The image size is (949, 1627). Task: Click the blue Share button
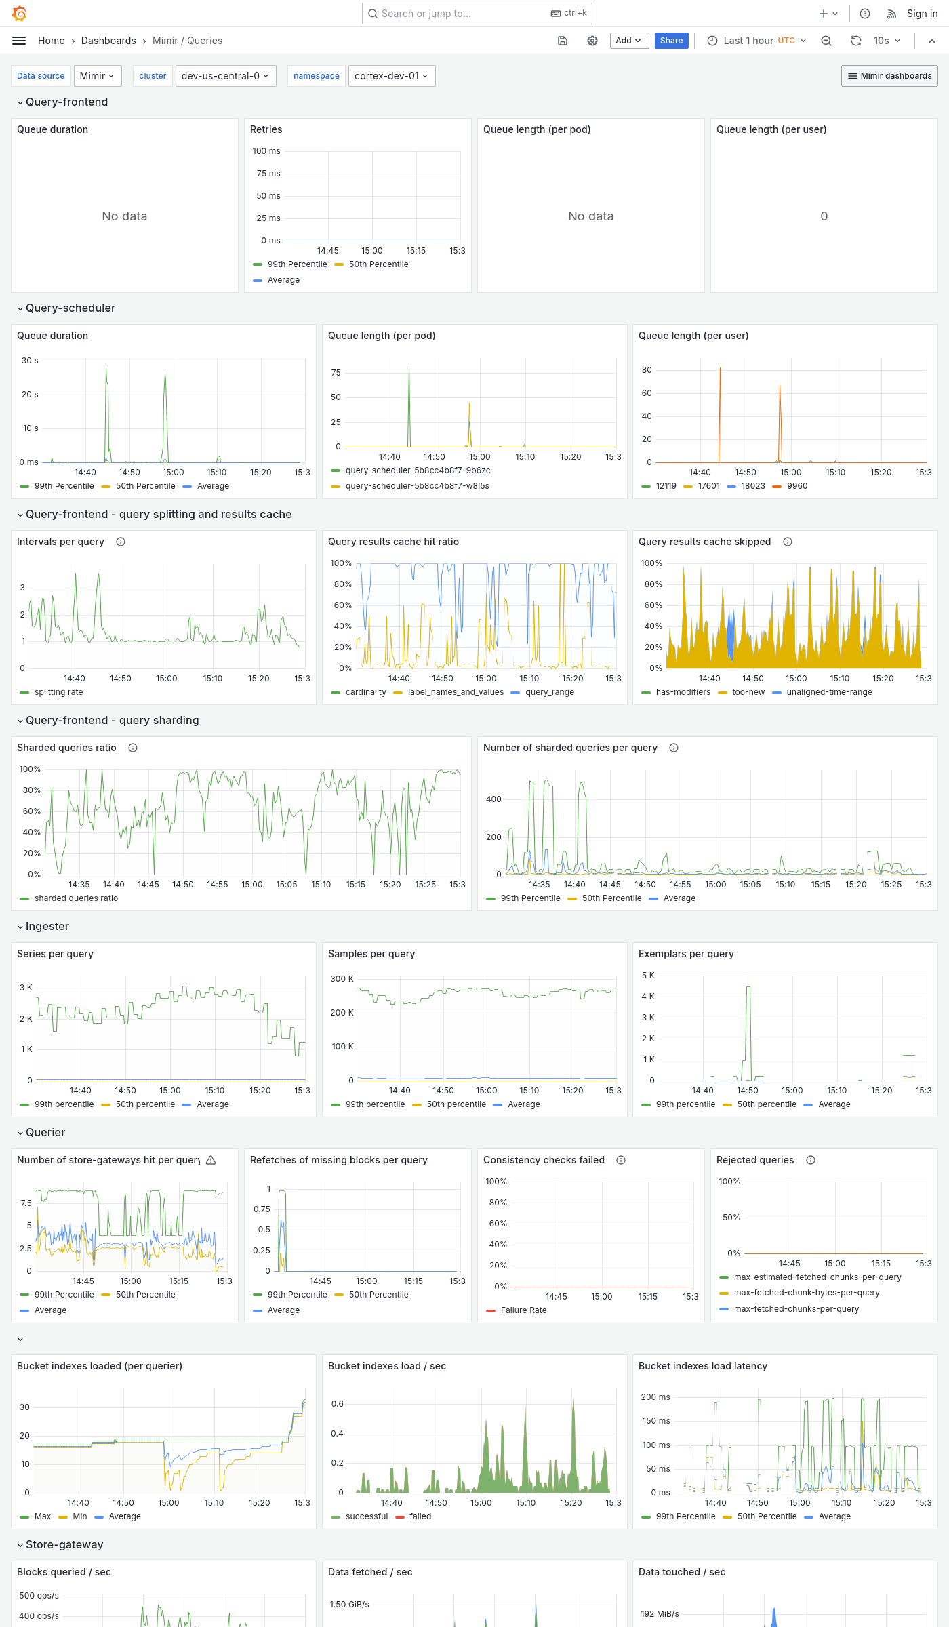pos(671,41)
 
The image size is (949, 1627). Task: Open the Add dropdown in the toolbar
pos(629,41)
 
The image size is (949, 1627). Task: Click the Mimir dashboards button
pos(889,76)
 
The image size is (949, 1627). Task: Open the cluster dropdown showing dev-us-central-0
pos(224,76)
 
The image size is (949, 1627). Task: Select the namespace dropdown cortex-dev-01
pos(391,76)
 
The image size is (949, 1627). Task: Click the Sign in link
pos(922,14)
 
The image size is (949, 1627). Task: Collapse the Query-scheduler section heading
pos(70,308)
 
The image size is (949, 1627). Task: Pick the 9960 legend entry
pos(796,486)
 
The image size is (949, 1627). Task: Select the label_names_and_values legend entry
pos(456,692)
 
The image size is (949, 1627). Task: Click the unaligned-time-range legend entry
pos(829,692)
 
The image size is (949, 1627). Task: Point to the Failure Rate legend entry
pos(523,1310)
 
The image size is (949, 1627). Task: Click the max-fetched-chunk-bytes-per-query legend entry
pos(807,1293)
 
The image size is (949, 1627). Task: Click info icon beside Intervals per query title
pos(121,542)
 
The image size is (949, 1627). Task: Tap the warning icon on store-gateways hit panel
pos(211,1160)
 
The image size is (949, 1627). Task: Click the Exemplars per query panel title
pos(686,954)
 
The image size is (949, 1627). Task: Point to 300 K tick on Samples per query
pos(342,979)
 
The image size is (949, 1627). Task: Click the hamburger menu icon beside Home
pos(19,41)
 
